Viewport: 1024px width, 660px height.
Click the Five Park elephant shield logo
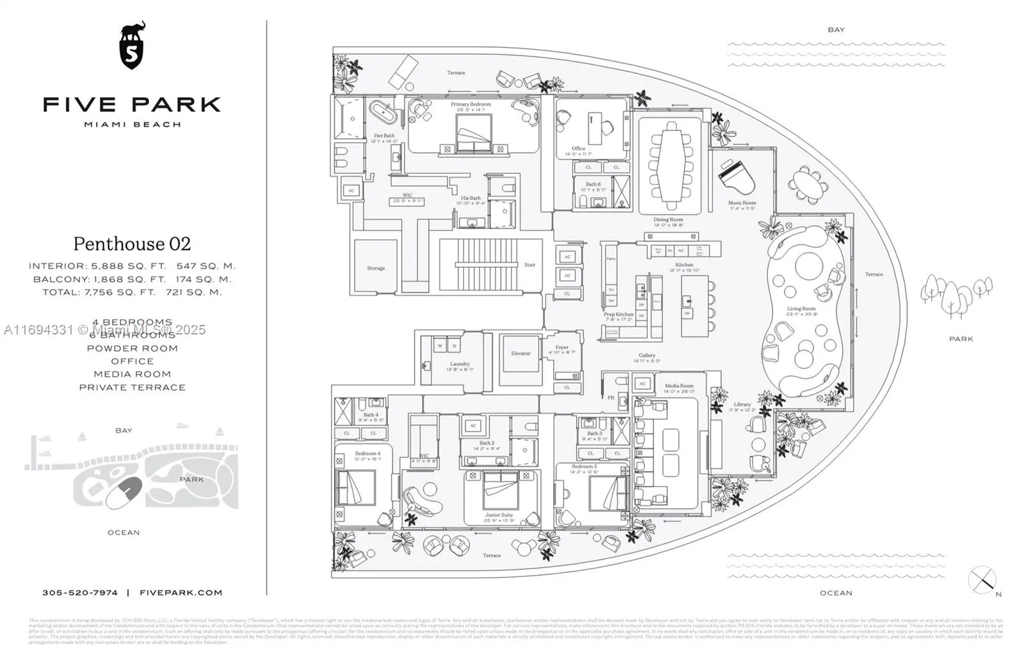(132, 45)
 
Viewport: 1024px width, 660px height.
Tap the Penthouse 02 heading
(132, 244)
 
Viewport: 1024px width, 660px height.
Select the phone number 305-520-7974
(80, 593)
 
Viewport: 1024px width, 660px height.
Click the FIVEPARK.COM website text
(181, 593)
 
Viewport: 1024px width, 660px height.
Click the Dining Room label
(668, 219)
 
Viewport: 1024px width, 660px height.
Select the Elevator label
(520, 353)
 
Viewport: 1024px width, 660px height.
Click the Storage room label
(376, 268)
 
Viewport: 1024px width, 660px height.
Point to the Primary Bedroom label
(470, 104)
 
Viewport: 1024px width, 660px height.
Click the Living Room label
(801, 309)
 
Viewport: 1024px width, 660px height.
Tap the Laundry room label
(460, 364)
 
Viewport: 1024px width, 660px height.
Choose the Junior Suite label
(499, 515)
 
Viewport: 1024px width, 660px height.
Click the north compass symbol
(982, 580)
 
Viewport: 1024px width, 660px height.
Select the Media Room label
(678, 386)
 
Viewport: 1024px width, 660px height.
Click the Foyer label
(561, 347)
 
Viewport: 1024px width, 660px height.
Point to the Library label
(742, 404)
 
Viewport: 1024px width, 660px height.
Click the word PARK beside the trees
(961, 339)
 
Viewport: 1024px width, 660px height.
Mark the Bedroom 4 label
(367, 453)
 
